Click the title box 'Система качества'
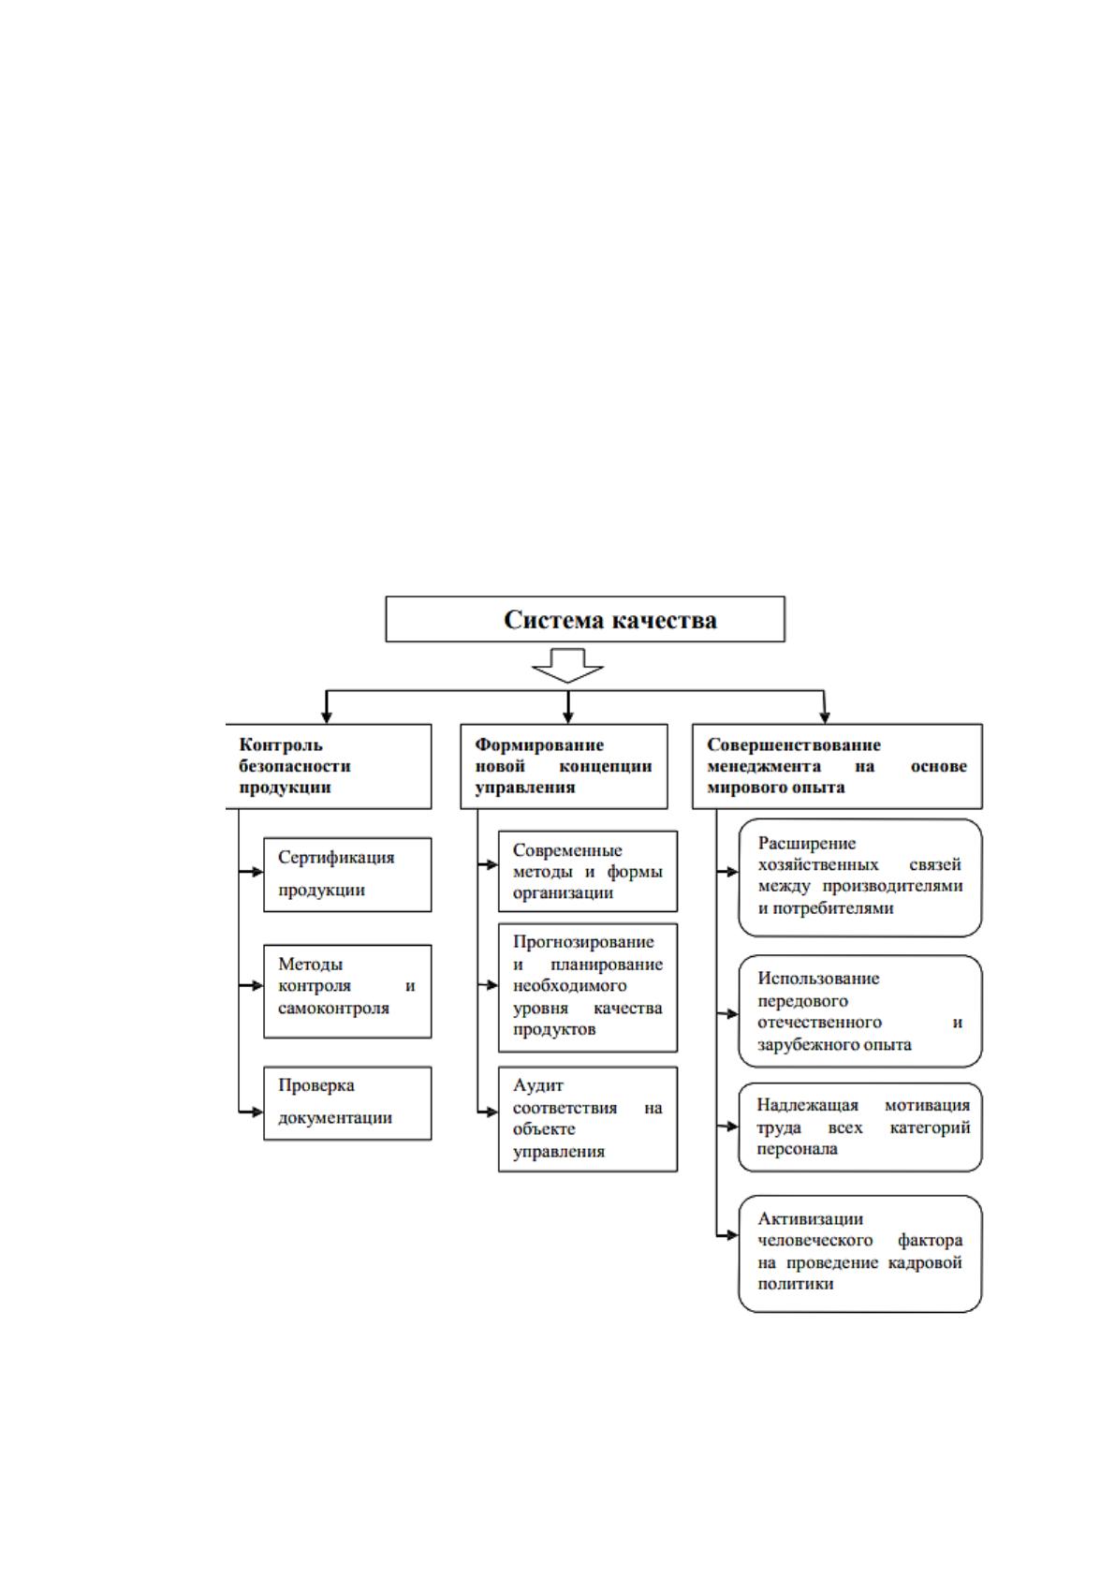coord(585,619)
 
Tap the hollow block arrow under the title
coord(567,665)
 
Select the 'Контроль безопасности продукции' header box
coord(328,766)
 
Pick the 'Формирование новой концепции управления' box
coord(564,766)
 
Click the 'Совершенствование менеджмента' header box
coord(837,766)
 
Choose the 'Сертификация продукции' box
coord(347,875)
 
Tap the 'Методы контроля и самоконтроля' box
coord(347,992)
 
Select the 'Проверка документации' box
coord(347,1103)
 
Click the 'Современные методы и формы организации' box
coord(588,871)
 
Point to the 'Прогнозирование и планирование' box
coord(588,988)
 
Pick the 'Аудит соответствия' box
coord(588,1119)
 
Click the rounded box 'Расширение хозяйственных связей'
coord(860,877)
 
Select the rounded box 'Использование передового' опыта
coord(860,1011)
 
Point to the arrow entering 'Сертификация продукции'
coord(251,872)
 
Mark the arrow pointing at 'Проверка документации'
coord(251,1113)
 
